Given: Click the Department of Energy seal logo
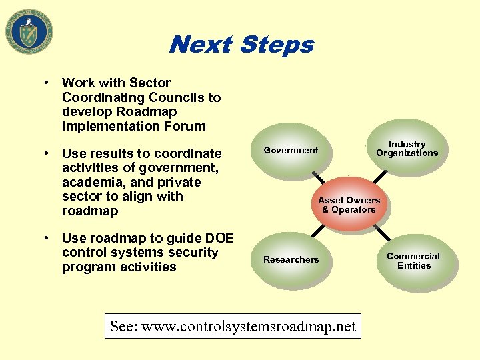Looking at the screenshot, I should tap(29, 31).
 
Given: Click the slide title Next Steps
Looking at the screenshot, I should tap(241, 45).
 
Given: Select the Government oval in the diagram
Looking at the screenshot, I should tap(291, 151).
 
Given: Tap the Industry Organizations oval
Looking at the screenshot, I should tap(407, 149).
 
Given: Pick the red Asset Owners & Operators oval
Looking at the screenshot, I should tap(349, 205).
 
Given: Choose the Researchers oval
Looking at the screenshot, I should tap(291, 259).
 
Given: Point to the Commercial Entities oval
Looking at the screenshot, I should tap(413, 261).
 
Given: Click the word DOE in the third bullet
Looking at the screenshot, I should tap(219, 238).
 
